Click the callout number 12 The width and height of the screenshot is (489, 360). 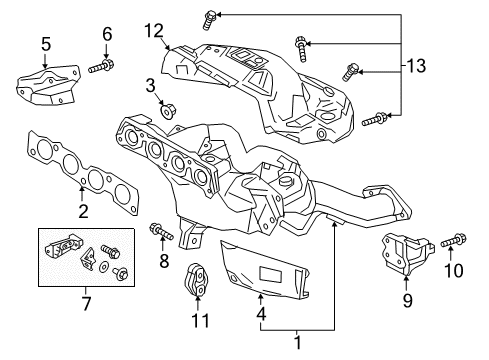point(154,31)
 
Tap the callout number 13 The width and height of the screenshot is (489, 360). point(416,66)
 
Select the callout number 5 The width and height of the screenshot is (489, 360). point(46,44)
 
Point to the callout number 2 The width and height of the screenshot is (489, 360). point(83,211)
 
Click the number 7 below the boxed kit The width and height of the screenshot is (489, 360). point(86,303)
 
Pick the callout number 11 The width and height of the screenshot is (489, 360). point(200,321)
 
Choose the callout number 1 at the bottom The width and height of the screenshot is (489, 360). point(298,342)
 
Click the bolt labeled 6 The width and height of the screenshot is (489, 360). point(101,66)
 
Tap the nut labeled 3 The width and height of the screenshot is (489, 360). point(168,111)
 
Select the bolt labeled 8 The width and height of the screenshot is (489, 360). point(162,231)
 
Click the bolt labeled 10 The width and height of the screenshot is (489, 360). point(454,241)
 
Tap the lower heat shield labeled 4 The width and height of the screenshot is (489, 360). point(265,270)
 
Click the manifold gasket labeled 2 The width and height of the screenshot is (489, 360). point(83,173)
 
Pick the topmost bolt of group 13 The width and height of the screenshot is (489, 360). point(209,20)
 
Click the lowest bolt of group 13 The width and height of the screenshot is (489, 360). point(374,119)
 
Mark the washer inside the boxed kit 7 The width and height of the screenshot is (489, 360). point(105,266)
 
